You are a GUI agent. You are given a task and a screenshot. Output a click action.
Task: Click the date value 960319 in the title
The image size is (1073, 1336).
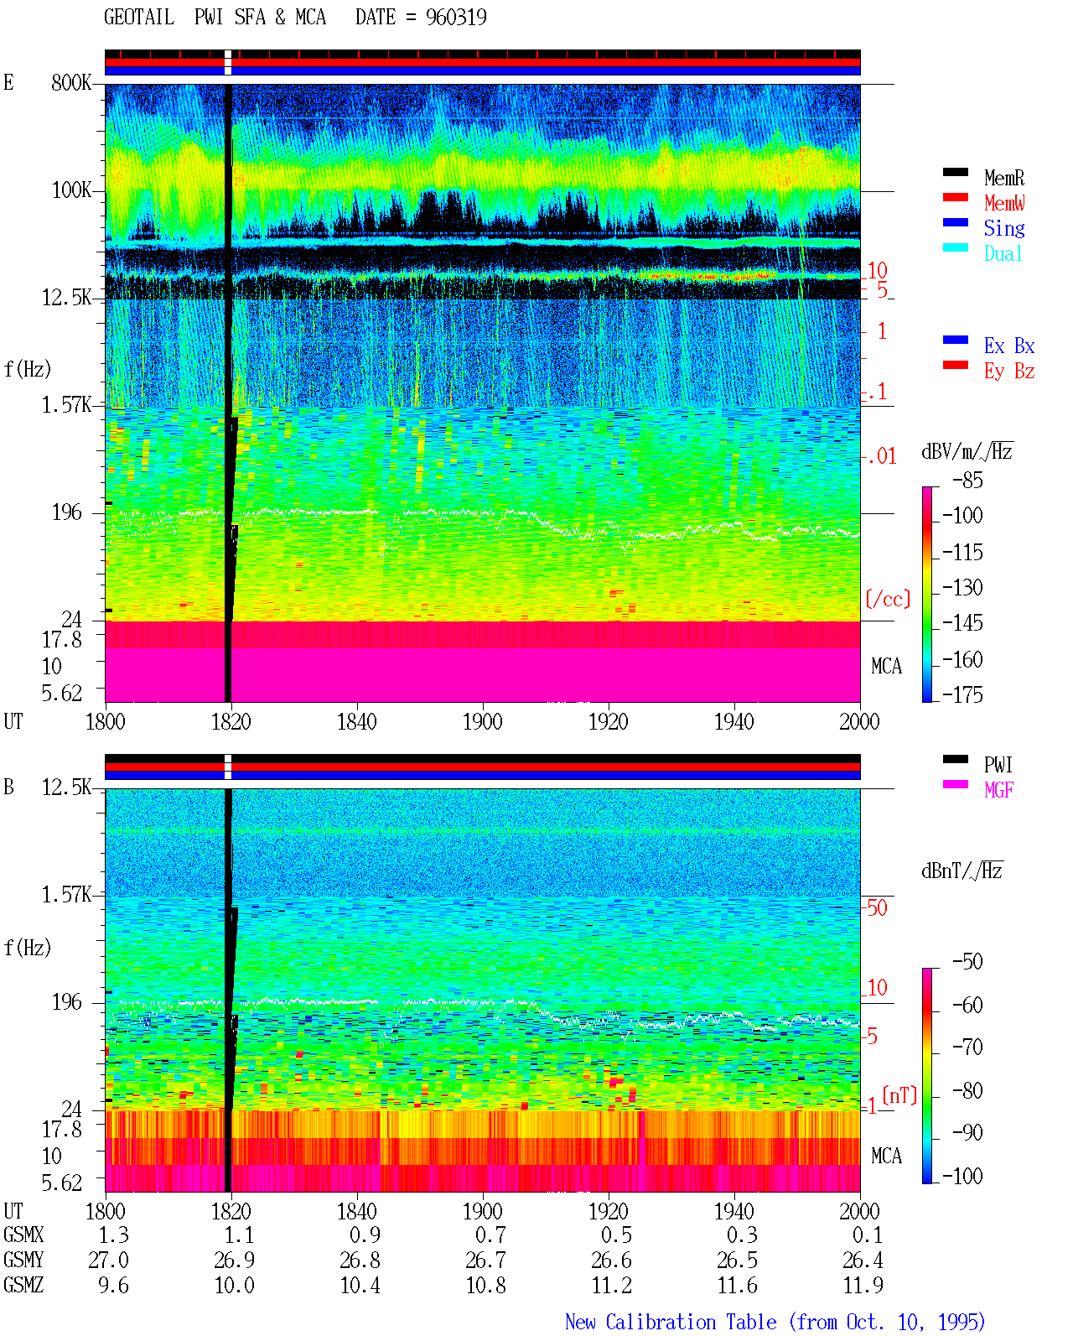tap(455, 18)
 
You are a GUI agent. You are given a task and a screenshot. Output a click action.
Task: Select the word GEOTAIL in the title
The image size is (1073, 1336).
tap(139, 18)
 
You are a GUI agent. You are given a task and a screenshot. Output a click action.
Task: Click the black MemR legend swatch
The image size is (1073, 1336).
tap(955, 172)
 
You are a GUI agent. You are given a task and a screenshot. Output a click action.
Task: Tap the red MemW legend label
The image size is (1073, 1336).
tap(1004, 203)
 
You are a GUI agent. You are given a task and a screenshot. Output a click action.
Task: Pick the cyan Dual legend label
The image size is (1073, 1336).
tap(1003, 253)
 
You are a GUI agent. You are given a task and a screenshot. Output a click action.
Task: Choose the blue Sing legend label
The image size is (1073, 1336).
tap(1003, 228)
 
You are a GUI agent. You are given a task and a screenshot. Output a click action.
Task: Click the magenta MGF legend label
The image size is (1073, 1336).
tap(998, 790)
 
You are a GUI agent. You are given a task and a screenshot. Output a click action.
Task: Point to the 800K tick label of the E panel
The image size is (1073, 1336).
tap(71, 82)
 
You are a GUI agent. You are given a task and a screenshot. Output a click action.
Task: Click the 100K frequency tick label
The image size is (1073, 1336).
tap(71, 190)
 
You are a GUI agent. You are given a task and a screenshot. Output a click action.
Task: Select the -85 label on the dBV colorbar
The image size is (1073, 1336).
tap(967, 480)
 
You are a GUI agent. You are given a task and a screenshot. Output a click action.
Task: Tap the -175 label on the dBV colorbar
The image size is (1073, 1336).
tap(962, 694)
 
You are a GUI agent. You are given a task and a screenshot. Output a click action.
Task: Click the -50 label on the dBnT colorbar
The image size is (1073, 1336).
tap(967, 962)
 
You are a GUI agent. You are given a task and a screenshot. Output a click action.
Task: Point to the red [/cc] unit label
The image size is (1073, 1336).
tap(888, 599)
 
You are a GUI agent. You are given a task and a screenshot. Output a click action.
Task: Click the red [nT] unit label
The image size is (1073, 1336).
tap(899, 1095)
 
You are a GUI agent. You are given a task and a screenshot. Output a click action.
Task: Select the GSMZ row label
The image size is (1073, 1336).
tap(23, 1285)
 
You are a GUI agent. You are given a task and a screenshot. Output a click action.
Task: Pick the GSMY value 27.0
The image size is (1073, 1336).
tap(109, 1260)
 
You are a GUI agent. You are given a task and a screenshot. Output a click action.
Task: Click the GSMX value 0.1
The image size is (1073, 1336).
tap(868, 1235)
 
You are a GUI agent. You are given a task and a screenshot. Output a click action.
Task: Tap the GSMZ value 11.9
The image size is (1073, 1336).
tap(863, 1285)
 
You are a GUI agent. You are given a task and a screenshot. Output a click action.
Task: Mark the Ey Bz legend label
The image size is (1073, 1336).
tap(1009, 371)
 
